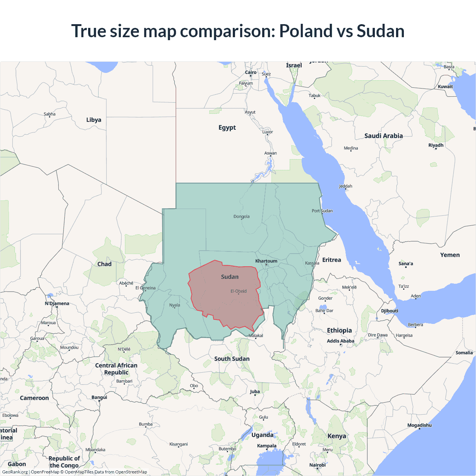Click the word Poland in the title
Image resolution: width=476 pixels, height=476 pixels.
tap(306, 31)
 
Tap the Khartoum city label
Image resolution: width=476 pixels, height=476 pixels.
tap(266, 261)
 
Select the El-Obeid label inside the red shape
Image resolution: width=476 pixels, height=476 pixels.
tap(238, 291)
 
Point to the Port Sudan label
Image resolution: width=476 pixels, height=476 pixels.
tap(322, 211)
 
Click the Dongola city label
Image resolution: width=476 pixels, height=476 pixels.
tap(241, 216)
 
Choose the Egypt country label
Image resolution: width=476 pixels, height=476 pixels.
tap(227, 128)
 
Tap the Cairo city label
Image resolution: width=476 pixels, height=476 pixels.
tap(251, 73)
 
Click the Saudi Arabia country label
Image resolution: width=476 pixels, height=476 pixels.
tap(383, 136)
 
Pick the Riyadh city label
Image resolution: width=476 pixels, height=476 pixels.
tap(436, 145)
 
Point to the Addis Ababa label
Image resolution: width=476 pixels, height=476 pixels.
tap(340, 341)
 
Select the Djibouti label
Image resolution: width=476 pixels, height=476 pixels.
tap(389, 311)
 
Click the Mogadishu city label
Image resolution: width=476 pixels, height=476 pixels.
tap(419, 425)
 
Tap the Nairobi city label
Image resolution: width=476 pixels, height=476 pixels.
tap(317, 465)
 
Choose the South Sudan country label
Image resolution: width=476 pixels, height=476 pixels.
tap(232, 359)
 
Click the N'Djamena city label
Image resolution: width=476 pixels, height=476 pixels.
tap(57, 303)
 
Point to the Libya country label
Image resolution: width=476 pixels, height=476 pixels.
tap(94, 120)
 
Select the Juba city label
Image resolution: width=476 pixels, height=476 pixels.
tap(255, 392)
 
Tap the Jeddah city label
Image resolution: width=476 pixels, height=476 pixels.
tap(345, 186)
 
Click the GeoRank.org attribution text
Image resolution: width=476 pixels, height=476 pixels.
tap(15, 472)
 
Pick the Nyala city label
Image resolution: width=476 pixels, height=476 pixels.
tap(174, 305)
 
